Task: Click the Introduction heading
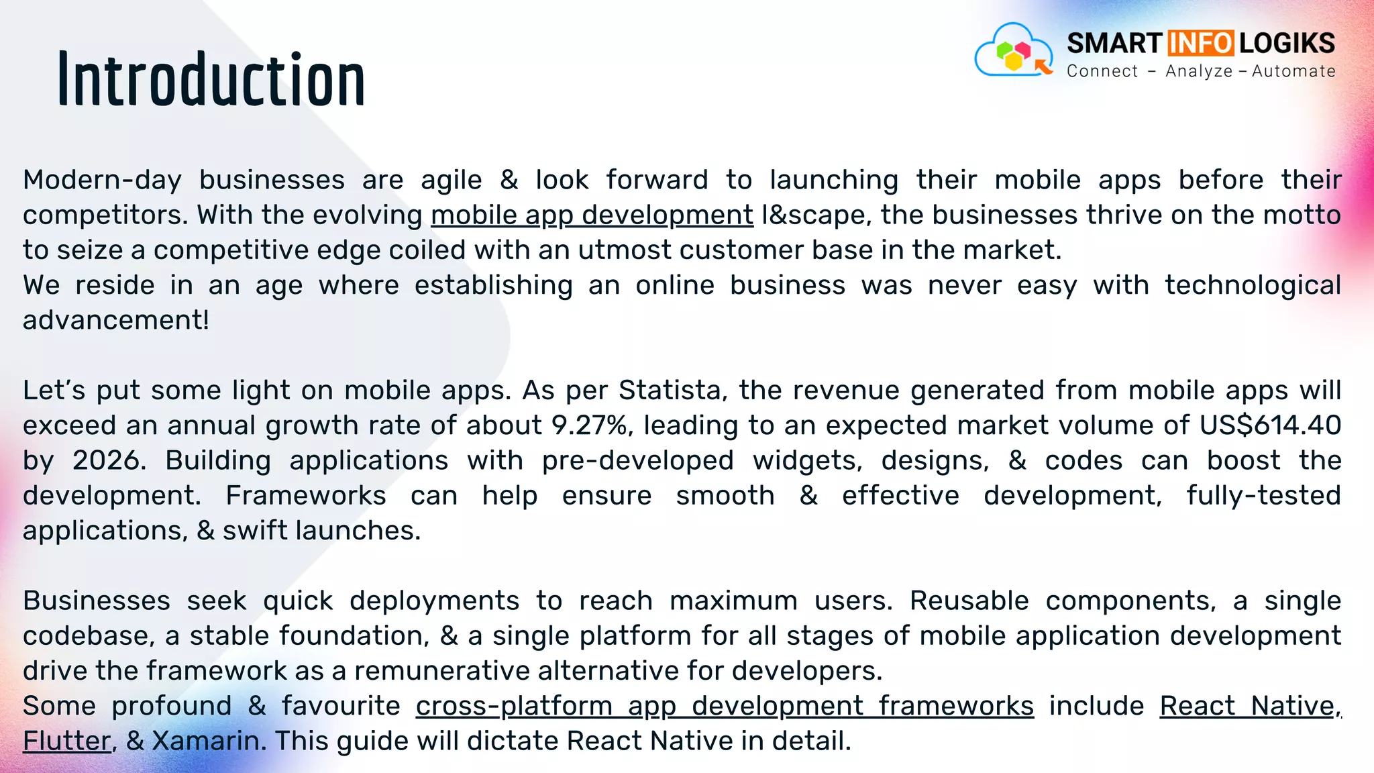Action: point(211,81)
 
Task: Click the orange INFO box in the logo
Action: point(1200,44)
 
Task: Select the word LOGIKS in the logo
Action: point(1287,44)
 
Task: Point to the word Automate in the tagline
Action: point(1293,71)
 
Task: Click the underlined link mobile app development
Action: point(592,215)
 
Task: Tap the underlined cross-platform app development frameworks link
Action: point(725,707)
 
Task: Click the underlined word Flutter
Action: point(66,741)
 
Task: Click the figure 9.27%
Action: point(589,425)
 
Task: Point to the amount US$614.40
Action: point(1270,425)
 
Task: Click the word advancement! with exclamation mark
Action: point(116,321)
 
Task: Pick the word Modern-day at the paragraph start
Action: point(102,181)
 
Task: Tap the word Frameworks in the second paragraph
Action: point(305,496)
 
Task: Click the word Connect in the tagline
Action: point(1102,71)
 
